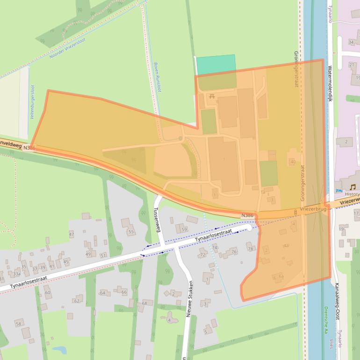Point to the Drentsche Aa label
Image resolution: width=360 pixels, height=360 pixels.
[325, 320]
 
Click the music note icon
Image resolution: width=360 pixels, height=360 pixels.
[353, 187]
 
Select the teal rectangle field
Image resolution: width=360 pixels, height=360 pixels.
[216, 65]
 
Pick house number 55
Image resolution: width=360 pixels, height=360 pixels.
[131, 232]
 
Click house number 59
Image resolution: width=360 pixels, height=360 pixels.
[184, 229]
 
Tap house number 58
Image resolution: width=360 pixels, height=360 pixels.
[19, 323]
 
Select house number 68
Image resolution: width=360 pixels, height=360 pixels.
[144, 303]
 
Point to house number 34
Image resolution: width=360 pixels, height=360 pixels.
[351, 43]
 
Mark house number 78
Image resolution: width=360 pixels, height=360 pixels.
[251, 249]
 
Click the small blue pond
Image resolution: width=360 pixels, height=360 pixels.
[59, 350]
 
